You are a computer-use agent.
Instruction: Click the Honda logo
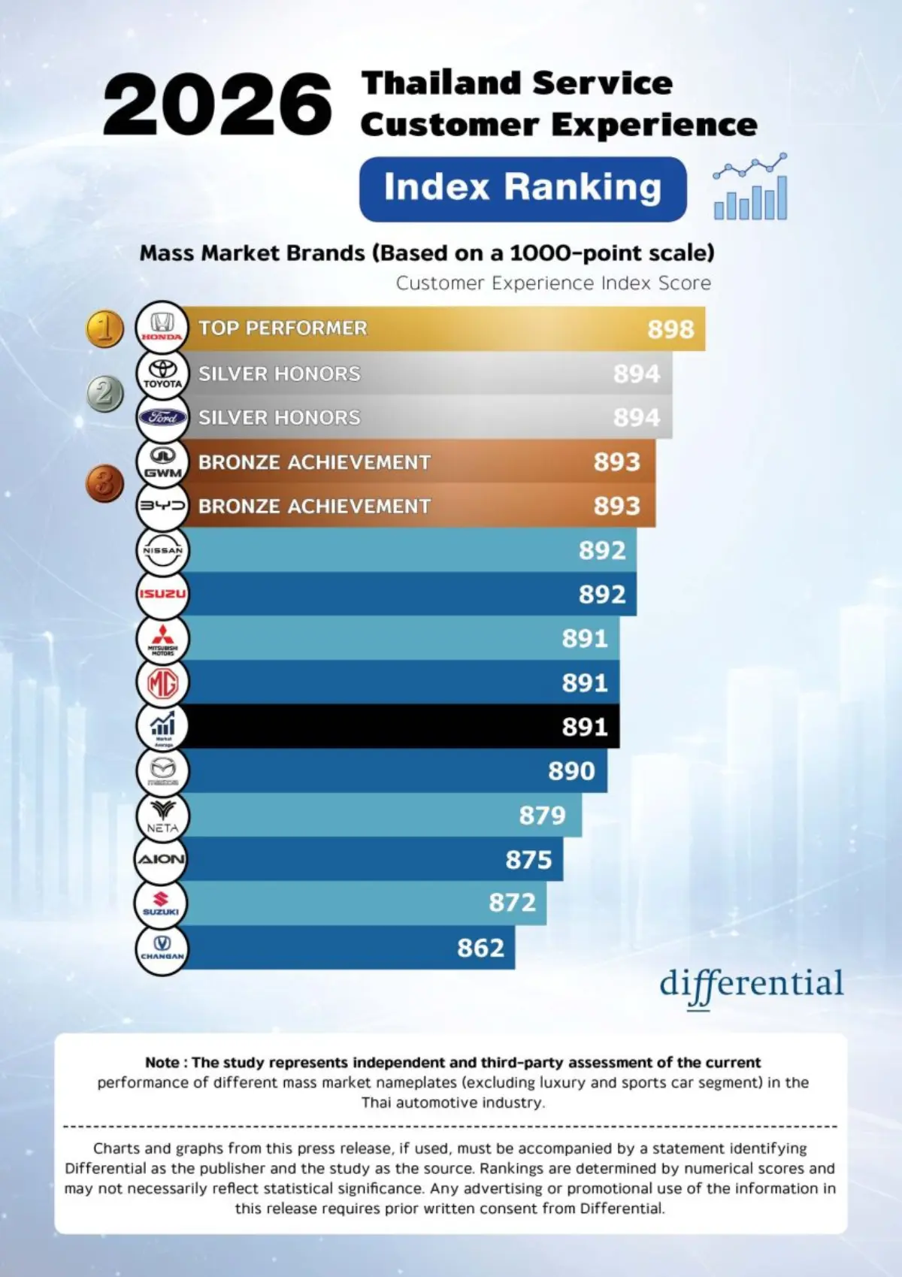[x=162, y=328]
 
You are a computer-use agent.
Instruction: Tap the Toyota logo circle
[x=162, y=373]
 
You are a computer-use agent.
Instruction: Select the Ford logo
[x=162, y=417]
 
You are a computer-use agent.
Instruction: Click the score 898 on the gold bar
[x=670, y=329]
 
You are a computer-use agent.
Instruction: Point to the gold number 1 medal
[x=105, y=328]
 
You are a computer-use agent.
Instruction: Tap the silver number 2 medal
[x=105, y=394]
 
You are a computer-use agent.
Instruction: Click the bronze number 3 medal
[x=105, y=483]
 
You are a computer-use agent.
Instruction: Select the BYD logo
[x=162, y=506]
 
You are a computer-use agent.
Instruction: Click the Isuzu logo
[x=162, y=594]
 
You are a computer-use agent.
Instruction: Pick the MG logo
[x=162, y=682]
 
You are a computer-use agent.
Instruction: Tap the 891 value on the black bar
[x=584, y=727]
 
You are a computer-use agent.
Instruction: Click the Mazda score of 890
[x=571, y=771]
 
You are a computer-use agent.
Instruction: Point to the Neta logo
[x=162, y=816]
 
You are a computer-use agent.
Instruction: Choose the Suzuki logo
[x=161, y=903]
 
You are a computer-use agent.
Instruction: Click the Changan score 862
[x=480, y=948]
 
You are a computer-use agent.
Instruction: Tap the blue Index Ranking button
[x=522, y=188]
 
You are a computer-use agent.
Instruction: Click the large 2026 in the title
[x=217, y=104]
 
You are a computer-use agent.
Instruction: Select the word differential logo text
[x=752, y=985]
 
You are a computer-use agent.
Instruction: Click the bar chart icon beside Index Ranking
[x=751, y=187]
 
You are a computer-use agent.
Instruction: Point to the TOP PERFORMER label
[x=283, y=328]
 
